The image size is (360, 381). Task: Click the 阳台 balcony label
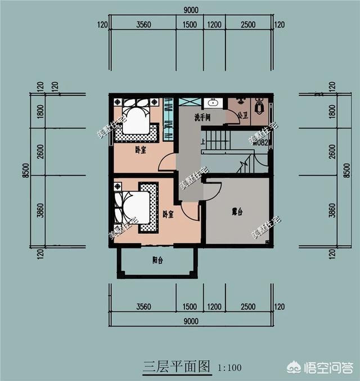(157, 260)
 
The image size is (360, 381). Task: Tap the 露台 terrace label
(237, 212)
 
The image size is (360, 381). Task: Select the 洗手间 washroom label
(202, 118)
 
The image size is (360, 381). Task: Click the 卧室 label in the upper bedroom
(141, 149)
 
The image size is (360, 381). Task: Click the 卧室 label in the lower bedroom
(168, 214)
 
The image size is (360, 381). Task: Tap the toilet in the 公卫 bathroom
(259, 105)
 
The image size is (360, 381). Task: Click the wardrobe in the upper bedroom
(168, 119)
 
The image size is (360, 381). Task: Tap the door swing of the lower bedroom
(190, 211)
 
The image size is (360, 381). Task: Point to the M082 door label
(261, 143)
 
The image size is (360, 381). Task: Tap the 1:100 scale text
(229, 368)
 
